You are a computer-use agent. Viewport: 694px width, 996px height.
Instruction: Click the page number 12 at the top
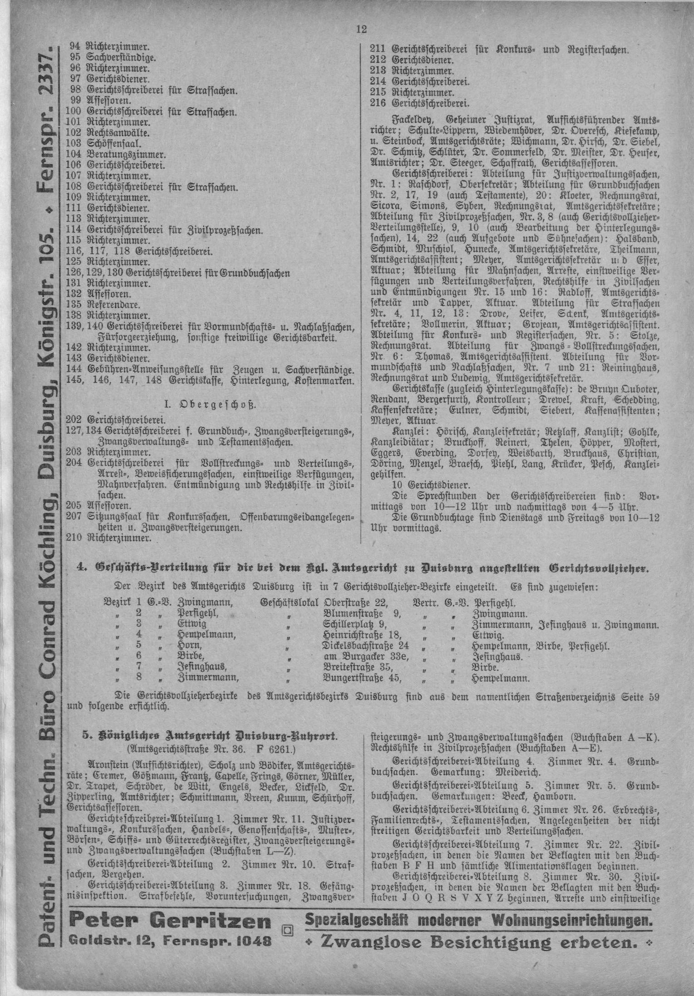coord(361,30)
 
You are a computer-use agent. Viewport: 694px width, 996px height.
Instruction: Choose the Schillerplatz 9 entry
coord(355,625)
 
